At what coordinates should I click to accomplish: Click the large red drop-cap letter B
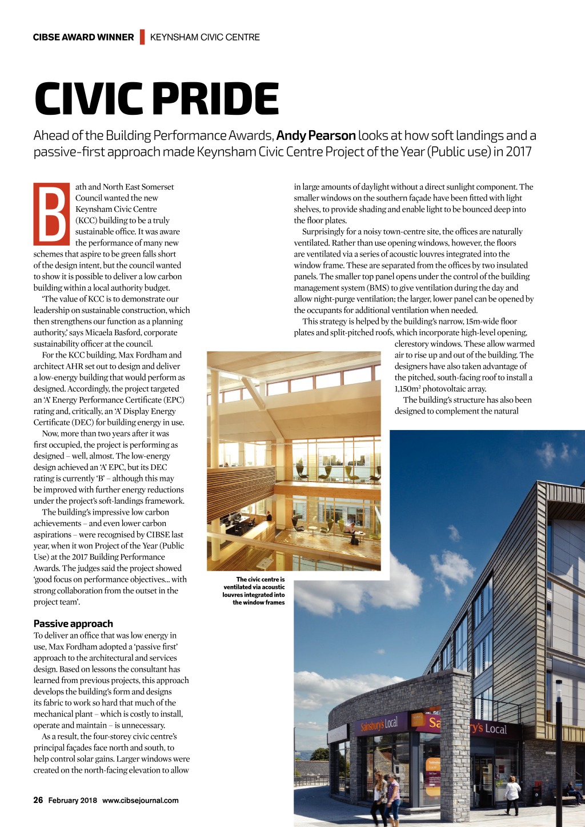click(51, 214)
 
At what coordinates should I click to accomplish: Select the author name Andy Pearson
click(316, 136)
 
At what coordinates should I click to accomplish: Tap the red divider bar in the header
click(142, 37)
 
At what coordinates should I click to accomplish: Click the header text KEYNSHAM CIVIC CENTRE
click(205, 37)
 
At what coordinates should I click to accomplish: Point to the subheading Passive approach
click(73, 624)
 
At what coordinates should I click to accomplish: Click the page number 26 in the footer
click(38, 800)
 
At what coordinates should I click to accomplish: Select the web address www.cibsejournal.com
click(141, 800)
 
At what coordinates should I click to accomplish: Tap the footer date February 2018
click(73, 800)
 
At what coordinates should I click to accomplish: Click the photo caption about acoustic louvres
click(254, 591)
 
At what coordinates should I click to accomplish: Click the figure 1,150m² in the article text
click(407, 389)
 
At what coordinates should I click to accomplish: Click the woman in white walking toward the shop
click(512, 794)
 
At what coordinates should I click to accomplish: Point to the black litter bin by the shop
click(537, 796)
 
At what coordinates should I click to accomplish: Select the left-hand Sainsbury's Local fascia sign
click(379, 725)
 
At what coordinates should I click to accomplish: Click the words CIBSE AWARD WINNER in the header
click(83, 37)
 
